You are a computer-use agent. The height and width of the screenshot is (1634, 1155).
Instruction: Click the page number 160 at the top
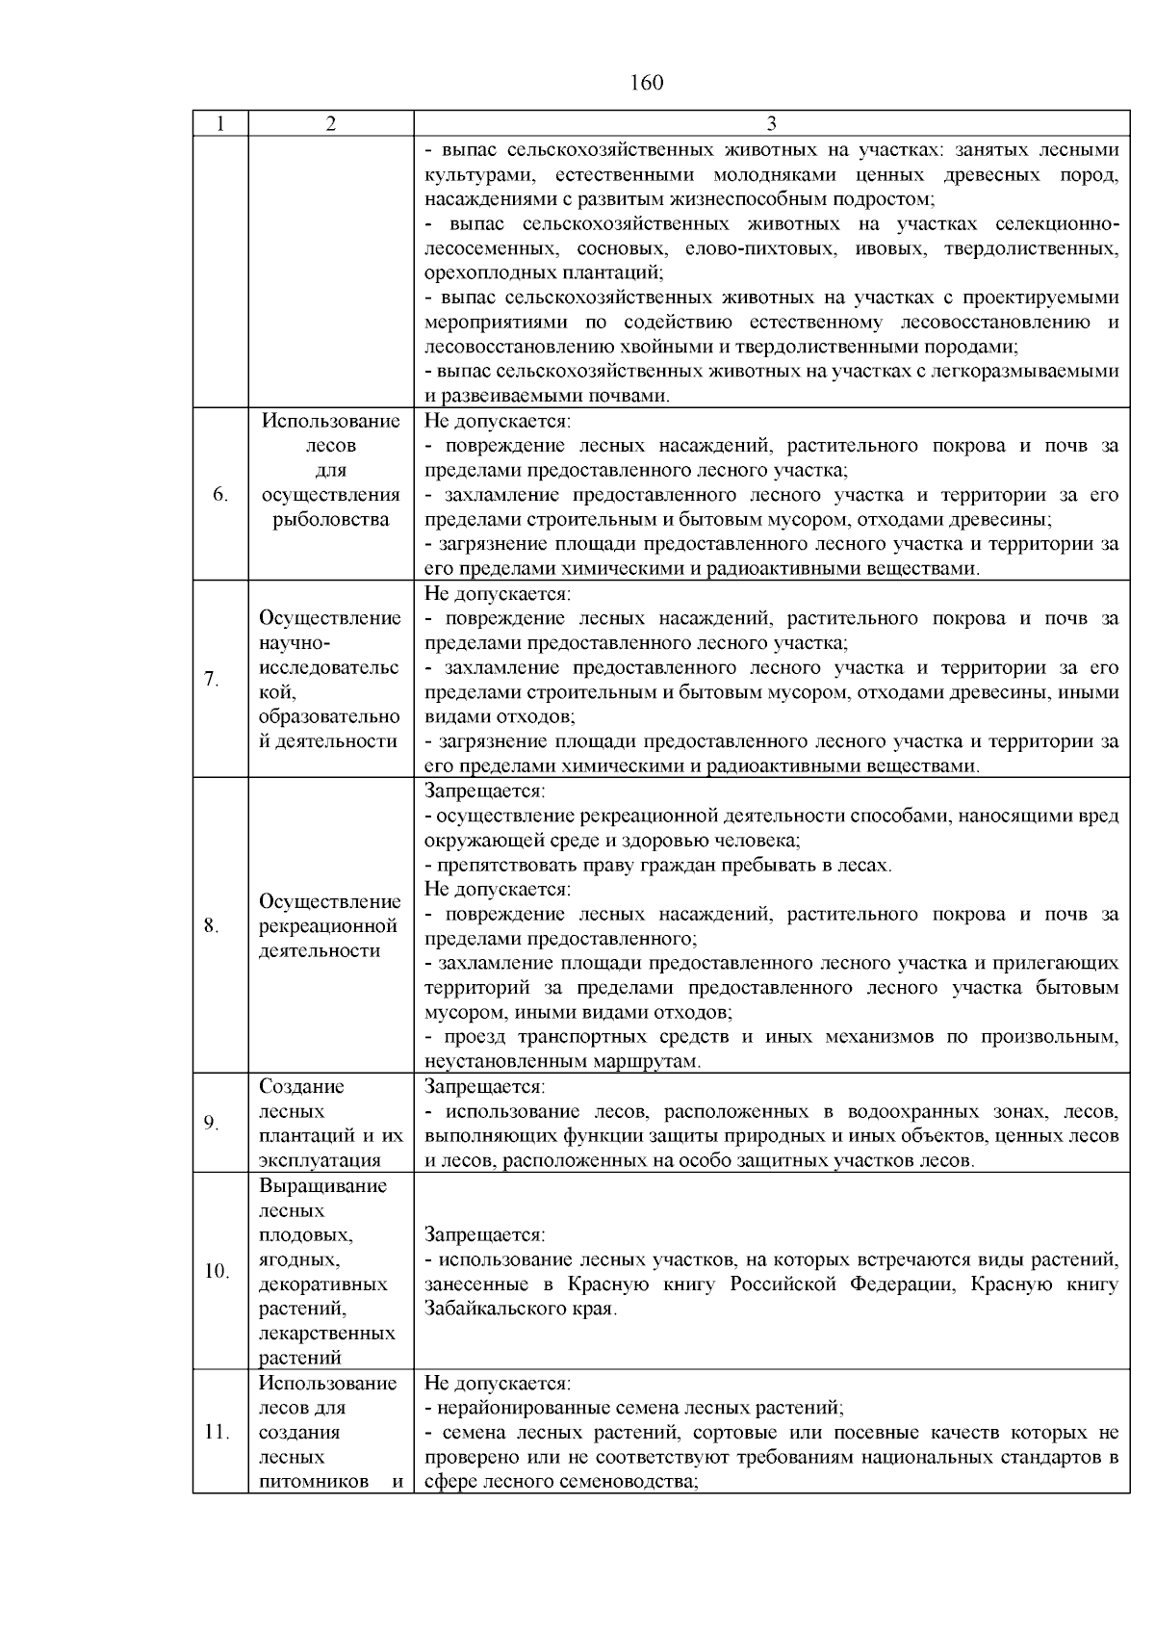tap(647, 83)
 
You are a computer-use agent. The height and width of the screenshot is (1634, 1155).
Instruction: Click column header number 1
tap(220, 124)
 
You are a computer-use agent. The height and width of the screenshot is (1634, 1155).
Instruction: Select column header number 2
tap(331, 124)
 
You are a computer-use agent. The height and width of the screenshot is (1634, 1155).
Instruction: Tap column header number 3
tap(772, 124)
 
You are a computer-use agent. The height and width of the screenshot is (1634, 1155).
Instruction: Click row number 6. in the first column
tap(220, 495)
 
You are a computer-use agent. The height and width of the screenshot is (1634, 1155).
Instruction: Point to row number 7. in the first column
tap(212, 680)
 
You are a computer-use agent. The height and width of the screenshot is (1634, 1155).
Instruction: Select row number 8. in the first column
tap(212, 926)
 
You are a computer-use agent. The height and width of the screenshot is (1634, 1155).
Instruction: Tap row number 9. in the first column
tap(212, 1124)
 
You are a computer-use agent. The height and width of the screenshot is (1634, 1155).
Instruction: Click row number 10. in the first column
tap(217, 1272)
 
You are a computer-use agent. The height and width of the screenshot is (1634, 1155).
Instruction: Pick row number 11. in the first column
tap(217, 1433)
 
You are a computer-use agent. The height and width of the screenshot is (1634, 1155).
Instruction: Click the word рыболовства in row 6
tap(330, 520)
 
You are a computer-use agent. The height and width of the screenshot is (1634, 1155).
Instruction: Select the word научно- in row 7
tap(294, 643)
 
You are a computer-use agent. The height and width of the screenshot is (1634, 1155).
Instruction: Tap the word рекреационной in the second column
tap(328, 926)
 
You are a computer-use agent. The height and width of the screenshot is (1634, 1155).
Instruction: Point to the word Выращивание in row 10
tap(323, 1186)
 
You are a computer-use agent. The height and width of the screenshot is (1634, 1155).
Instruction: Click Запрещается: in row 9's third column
tap(485, 1087)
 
